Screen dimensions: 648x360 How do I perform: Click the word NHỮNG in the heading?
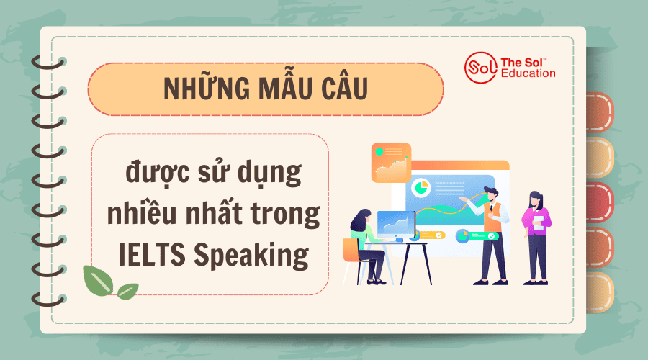coord(207,87)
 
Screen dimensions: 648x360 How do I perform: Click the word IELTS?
coord(152,255)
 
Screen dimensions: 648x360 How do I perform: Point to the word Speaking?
coord(251,256)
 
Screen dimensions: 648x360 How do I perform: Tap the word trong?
coord(286,214)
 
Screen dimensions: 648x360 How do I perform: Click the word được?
coord(158,172)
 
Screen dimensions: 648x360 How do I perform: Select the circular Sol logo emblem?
coord(480,68)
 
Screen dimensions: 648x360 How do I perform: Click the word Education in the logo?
coord(528,73)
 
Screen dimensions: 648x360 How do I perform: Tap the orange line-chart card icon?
coord(391,163)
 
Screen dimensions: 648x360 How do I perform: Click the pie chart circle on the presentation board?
coord(420,187)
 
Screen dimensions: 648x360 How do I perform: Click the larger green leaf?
coord(98,280)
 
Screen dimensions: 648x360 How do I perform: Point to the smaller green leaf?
coord(127,292)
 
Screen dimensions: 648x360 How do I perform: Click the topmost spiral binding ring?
coord(49,63)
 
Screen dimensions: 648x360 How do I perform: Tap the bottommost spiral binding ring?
coord(49,299)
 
